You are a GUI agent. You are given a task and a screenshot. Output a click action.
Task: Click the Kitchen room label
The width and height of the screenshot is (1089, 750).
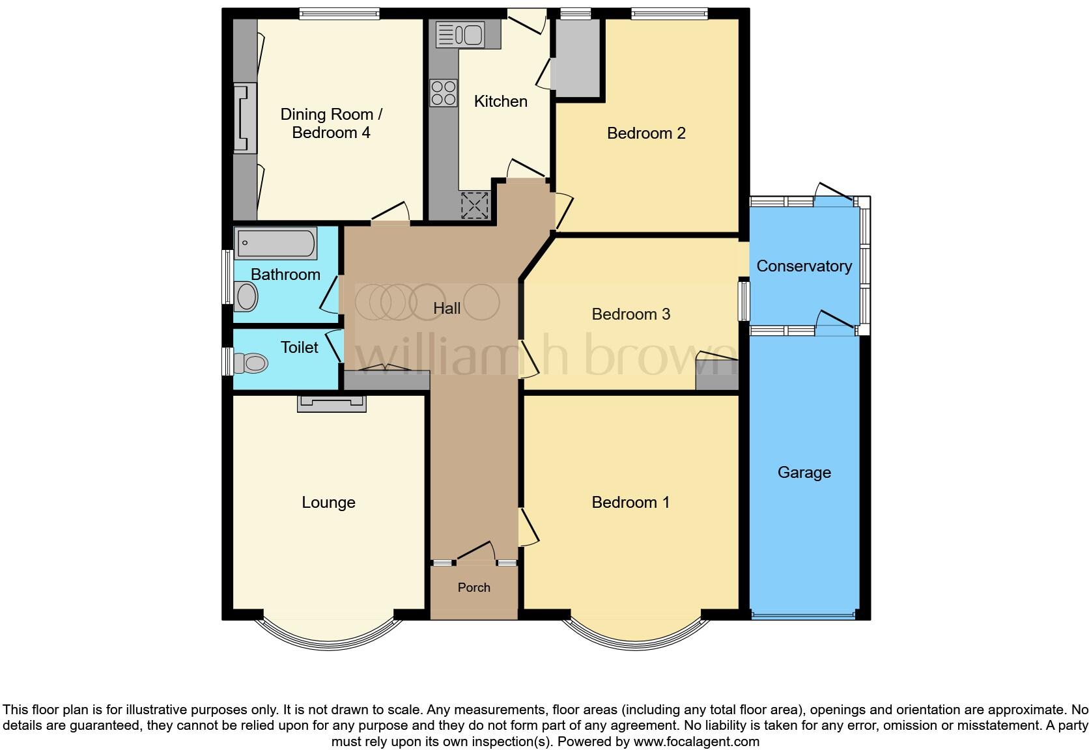point(500,102)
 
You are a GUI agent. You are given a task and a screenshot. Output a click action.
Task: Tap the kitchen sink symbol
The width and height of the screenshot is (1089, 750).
point(459,34)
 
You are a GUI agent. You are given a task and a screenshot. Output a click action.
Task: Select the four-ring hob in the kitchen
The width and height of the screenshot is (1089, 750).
point(444,92)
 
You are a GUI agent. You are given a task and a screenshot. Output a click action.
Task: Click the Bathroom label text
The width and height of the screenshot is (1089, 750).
point(285,275)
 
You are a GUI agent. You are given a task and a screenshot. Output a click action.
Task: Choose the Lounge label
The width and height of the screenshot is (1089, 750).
point(328,503)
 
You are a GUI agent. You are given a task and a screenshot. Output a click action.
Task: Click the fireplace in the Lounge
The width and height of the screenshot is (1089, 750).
point(332,404)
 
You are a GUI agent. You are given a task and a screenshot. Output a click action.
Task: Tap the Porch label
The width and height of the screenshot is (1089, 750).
point(474,588)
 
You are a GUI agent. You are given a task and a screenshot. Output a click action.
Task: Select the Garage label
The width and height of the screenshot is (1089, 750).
point(804,473)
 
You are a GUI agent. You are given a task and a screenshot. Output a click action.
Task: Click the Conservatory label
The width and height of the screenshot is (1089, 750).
point(804,266)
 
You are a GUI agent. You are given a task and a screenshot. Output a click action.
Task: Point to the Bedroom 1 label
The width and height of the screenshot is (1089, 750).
point(630,503)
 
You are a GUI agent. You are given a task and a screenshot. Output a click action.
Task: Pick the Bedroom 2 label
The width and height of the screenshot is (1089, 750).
point(645,133)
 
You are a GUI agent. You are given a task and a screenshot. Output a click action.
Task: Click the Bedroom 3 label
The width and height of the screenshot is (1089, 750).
point(630,314)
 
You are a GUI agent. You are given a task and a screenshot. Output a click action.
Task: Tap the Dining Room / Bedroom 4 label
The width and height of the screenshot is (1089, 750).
point(331,124)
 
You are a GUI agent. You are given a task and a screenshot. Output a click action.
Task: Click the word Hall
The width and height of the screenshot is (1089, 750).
point(447,309)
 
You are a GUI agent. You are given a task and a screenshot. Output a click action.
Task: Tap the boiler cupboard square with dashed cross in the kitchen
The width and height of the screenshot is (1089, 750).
point(474,205)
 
